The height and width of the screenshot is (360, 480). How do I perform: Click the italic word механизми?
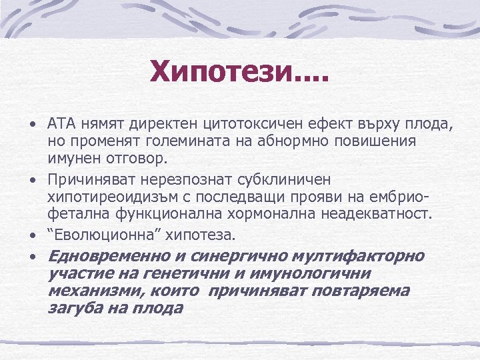click(87, 291)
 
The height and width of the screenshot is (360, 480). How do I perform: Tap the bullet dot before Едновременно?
click(32, 257)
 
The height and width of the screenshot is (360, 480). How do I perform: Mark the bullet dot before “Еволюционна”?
click(32, 235)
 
